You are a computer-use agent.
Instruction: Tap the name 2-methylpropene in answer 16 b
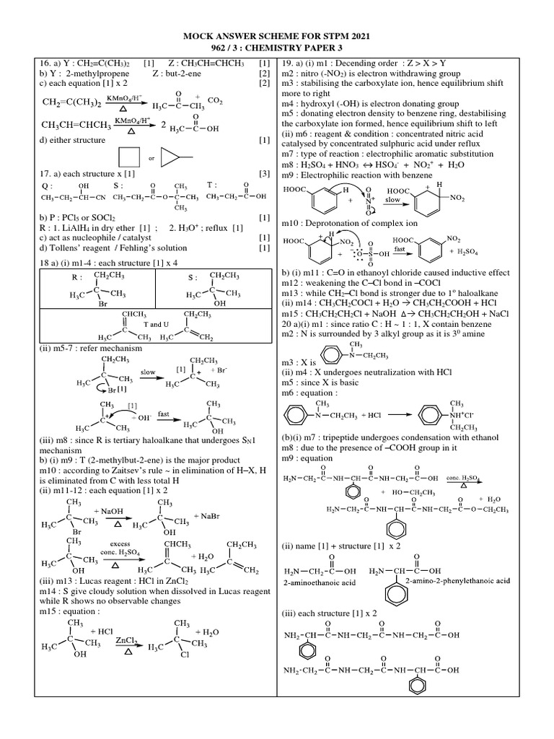pyautogui.click(x=79, y=74)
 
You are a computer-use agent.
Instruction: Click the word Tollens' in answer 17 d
pyautogui.click(x=59, y=248)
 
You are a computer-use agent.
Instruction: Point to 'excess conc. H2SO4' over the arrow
pyautogui.click(x=120, y=551)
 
